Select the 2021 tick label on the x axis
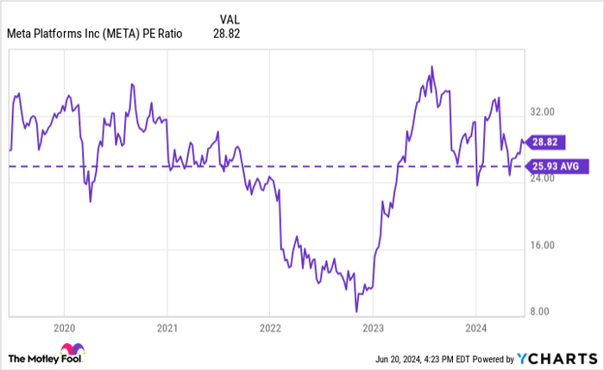(167, 329)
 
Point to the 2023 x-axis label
(373, 329)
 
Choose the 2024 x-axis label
(475, 329)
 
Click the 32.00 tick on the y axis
(543, 112)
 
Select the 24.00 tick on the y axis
(543, 178)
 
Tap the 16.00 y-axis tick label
(543, 245)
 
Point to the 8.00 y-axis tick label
(541, 311)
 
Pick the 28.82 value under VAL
(226, 35)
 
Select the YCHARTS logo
(557, 358)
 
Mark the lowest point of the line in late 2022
(355, 311)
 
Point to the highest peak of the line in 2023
(431, 67)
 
